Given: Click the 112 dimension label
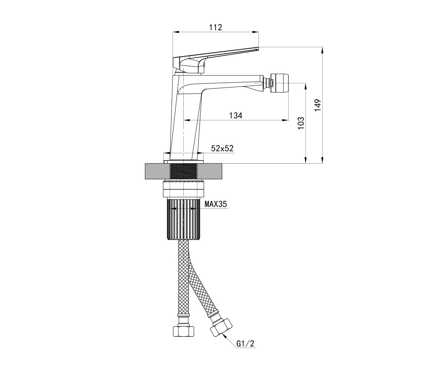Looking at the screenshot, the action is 216,27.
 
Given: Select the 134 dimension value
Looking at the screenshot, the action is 236,115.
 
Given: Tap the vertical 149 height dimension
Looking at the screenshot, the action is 318,105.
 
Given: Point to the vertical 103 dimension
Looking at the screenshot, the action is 301,123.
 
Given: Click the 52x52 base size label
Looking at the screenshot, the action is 222,148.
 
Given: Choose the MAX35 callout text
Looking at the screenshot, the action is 216,204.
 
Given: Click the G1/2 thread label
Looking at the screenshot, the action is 245,344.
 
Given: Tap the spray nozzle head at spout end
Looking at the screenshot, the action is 279,83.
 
